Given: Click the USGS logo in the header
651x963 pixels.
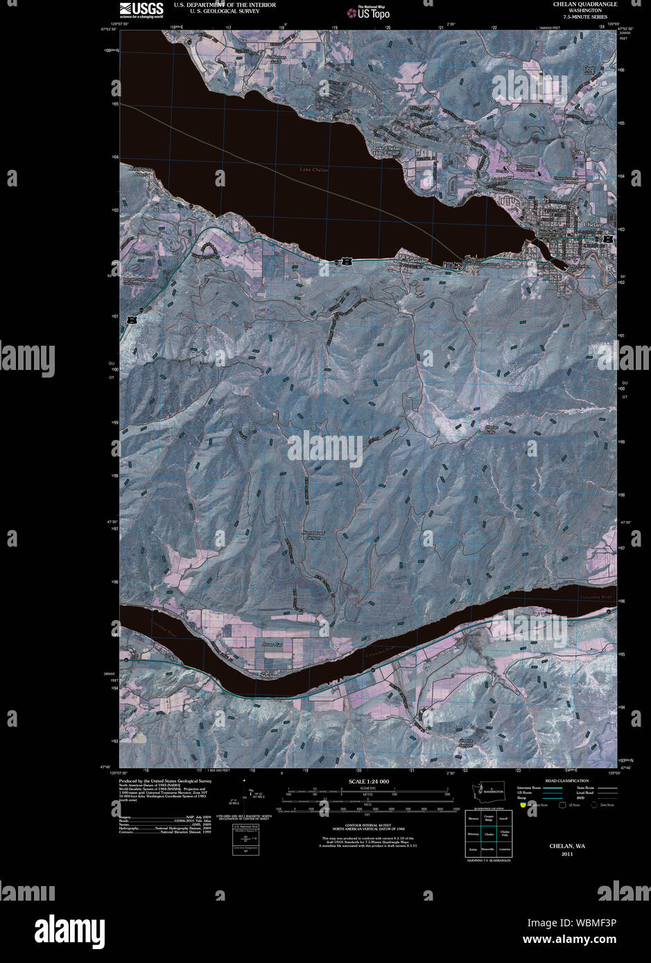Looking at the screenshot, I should [x=141, y=9].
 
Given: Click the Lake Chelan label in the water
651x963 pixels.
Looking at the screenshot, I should [x=314, y=170].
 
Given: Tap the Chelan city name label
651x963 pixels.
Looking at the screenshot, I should [x=593, y=225].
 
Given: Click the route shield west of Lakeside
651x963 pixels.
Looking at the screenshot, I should [x=345, y=260].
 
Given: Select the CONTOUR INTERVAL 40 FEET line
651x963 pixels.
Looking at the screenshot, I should [x=367, y=824].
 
